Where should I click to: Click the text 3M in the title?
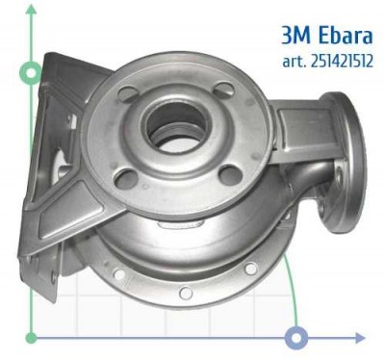point(297,36)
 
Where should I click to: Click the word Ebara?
point(339,36)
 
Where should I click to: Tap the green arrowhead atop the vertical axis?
point(32,10)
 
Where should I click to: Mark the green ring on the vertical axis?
point(32,72)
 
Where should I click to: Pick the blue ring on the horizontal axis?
point(297,338)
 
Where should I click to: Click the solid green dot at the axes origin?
point(32,338)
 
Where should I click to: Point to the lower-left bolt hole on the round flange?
point(122,177)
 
